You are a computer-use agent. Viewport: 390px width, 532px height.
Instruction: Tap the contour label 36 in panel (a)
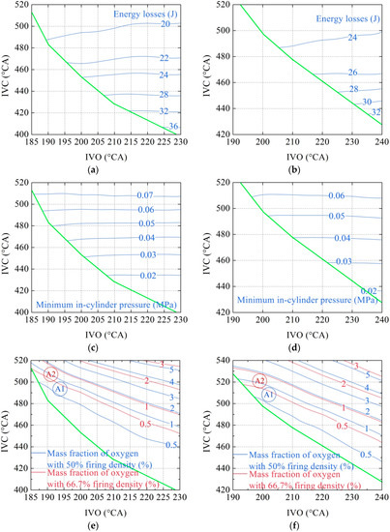click(173, 127)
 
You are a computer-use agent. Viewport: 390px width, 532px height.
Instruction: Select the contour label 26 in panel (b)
click(352, 73)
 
